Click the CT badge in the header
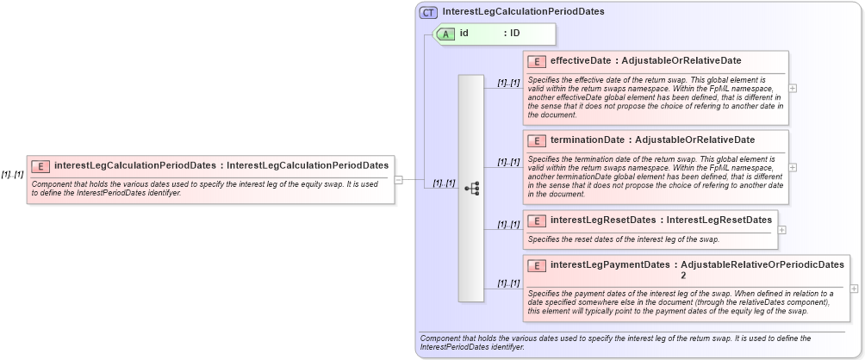pos(428,13)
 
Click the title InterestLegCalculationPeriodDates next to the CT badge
pos(523,13)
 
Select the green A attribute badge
pos(446,34)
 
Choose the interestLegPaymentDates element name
pos(608,265)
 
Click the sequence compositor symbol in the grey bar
pos(471,188)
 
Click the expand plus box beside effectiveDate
pos(793,88)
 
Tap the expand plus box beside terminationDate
pos(793,167)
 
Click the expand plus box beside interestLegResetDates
pos(781,230)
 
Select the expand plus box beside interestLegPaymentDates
pos(854,289)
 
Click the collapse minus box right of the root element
pos(399,180)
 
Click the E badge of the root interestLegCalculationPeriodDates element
pos(40,165)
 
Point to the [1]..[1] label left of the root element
pos(13,174)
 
